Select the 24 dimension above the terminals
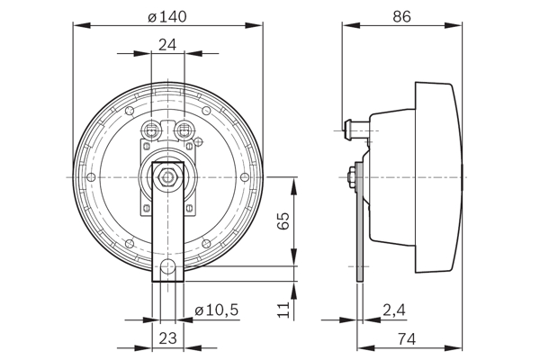click(167, 44)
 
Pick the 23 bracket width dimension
click(168, 340)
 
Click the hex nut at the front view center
click(168, 177)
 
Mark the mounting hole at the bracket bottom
click(168, 266)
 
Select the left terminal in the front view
click(152, 130)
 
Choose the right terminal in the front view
click(185, 130)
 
